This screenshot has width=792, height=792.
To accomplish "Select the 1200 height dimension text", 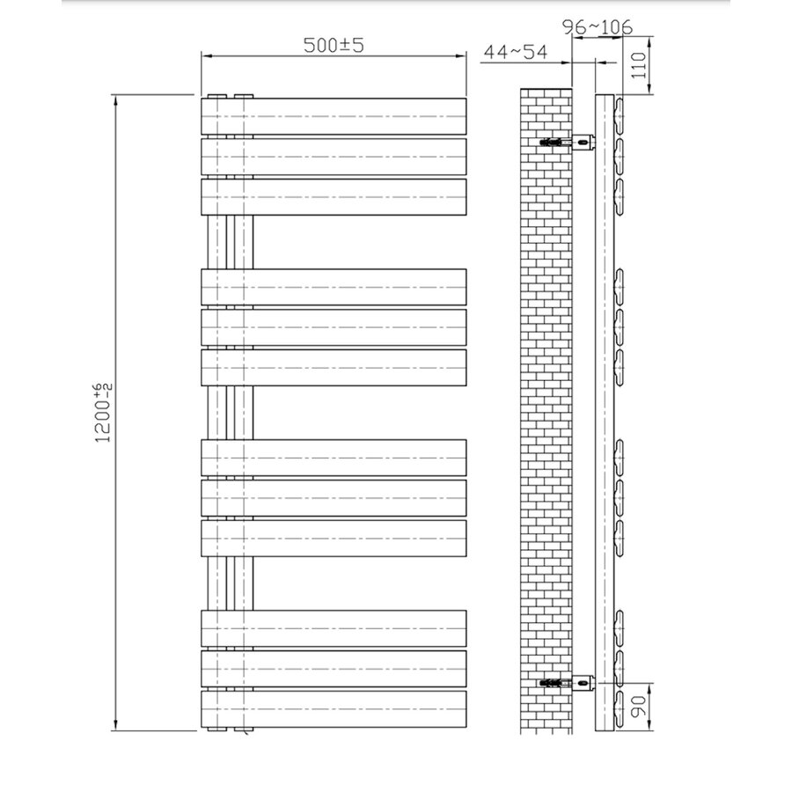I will tap(103, 412).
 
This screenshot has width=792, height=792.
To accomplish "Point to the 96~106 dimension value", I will tap(598, 27).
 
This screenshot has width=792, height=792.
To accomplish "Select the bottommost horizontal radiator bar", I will tap(334, 708).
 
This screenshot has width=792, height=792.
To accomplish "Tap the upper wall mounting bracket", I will tap(583, 141).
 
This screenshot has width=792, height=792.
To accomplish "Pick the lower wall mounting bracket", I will tap(583, 681).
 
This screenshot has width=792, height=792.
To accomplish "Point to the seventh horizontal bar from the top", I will tap(334, 457).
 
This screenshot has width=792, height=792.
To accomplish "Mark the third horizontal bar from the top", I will tap(334, 197).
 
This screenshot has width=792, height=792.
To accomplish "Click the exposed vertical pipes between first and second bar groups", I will tap(230, 242).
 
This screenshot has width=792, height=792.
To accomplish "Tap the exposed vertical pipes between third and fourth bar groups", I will tap(230, 583).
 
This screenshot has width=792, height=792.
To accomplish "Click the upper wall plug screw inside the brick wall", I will tap(552, 142).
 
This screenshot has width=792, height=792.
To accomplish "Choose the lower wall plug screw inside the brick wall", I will tap(552, 682).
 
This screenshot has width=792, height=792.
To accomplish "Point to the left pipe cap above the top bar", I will tap(216, 94).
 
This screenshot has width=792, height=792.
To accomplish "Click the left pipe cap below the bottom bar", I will tap(216, 730).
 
